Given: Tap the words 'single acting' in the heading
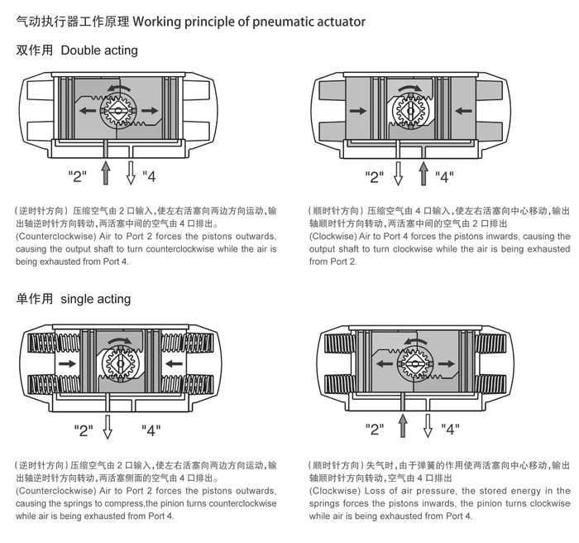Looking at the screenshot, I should (96, 299).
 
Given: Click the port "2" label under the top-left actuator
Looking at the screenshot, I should (77, 176).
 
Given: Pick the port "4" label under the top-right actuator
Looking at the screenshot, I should (445, 176).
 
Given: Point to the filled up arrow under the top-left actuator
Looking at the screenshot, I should (105, 172).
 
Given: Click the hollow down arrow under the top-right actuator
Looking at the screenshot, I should (398, 172).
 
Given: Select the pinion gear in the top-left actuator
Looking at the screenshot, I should (119, 110).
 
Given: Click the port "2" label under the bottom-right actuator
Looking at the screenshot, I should (376, 429).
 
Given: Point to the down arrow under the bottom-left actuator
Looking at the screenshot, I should (107, 426).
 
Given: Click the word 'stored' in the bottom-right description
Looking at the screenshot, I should (488, 491).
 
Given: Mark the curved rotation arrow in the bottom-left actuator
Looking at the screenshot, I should (118, 340).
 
